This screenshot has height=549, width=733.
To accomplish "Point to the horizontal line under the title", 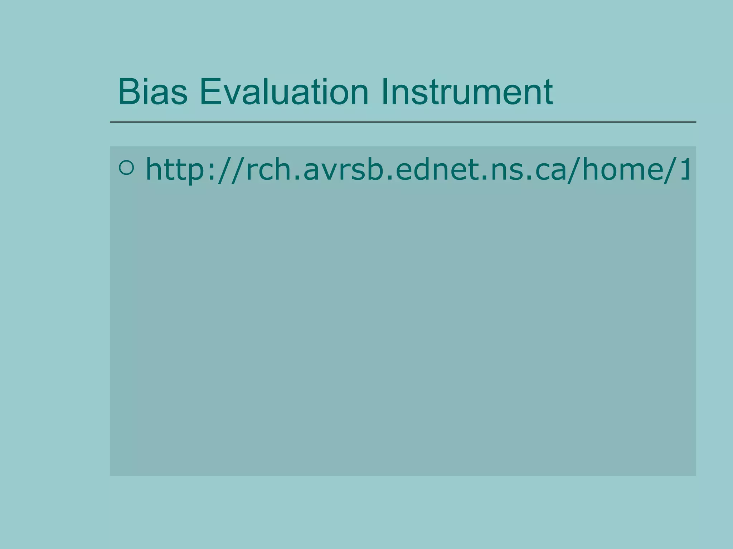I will (x=403, y=122).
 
